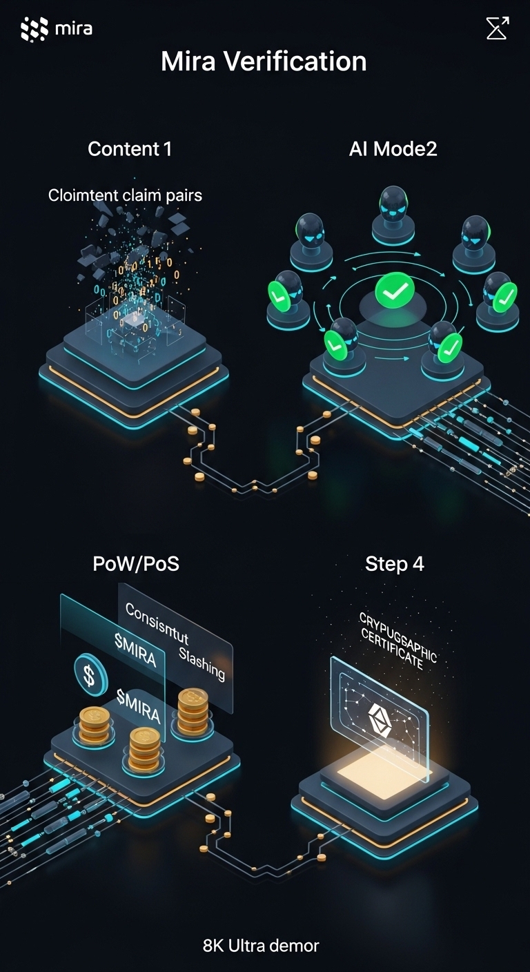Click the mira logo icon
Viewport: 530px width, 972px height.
pos(34,28)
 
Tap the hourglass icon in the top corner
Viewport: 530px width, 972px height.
pos(497,28)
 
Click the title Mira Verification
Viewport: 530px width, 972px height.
pos(264,61)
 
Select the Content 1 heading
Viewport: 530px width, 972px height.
pos(130,148)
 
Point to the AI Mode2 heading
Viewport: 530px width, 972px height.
pos(393,148)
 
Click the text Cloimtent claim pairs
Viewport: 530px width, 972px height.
pos(125,195)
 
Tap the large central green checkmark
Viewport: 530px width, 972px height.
pos(394,293)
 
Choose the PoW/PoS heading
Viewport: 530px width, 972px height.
pos(136,563)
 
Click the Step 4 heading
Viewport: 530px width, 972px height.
pos(394,563)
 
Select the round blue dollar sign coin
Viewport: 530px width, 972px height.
pos(90,674)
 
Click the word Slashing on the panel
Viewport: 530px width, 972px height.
pos(202,662)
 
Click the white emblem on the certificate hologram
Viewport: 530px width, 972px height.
pos(378,715)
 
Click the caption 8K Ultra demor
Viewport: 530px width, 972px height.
pos(261,945)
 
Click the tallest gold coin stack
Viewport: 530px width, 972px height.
pos(193,710)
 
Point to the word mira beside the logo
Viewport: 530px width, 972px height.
pos(73,28)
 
